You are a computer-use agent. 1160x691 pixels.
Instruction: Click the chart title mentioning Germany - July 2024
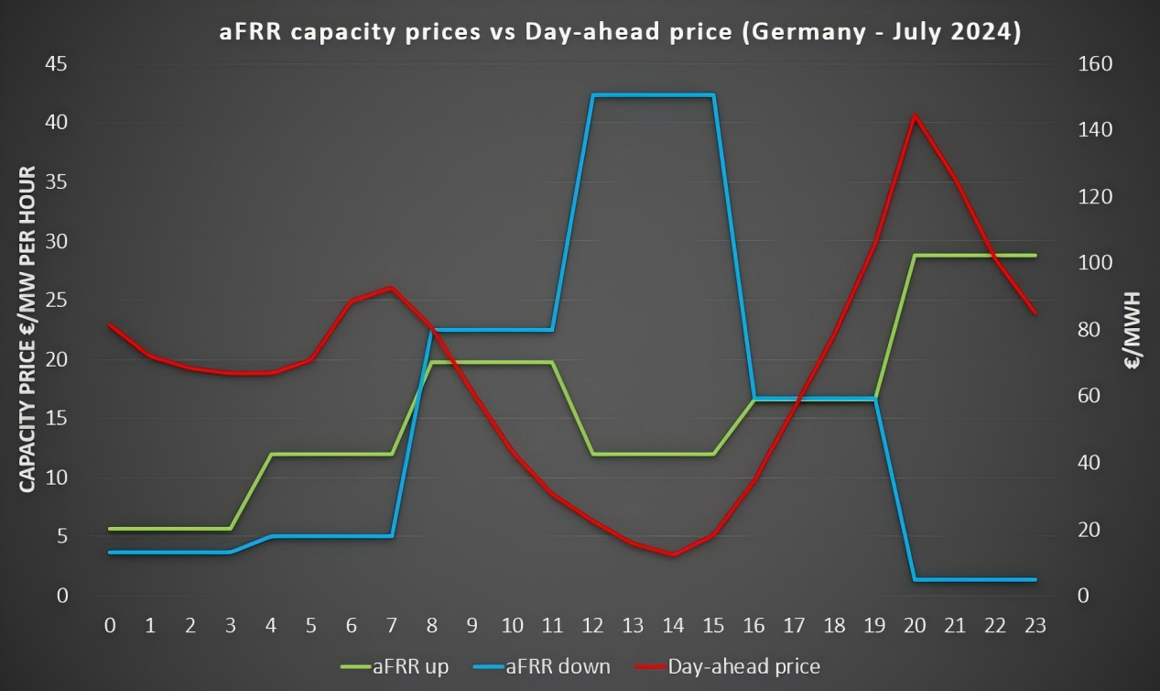(x=620, y=31)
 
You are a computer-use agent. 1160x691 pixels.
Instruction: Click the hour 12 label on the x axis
(x=592, y=626)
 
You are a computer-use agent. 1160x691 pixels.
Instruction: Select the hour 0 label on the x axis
(x=110, y=626)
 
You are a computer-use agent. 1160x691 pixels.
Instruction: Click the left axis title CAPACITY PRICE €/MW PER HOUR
(x=28, y=328)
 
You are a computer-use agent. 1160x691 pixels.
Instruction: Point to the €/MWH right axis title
(x=1133, y=330)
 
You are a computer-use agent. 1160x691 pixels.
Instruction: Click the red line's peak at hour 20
(x=915, y=115)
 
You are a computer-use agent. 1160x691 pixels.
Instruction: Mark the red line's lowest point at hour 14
(x=673, y=554)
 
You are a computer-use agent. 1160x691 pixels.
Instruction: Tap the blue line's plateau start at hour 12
(x=593, y=95)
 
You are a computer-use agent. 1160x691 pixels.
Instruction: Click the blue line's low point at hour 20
(x=915, y=579)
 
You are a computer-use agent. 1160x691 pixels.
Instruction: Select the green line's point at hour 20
(x=915, y=256)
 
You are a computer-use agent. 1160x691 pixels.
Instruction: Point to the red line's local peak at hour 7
(x=392, y=288)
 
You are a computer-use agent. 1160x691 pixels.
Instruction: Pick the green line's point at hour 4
(x=271, y=454)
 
